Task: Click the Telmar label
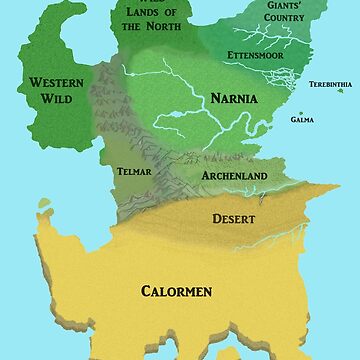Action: click(x=133, y=171)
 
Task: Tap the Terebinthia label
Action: click(x=330, y=85)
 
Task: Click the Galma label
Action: click(x=302, y=119)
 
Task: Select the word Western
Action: click(x=56, y=82)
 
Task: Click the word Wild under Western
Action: click(x=56, y=100)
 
